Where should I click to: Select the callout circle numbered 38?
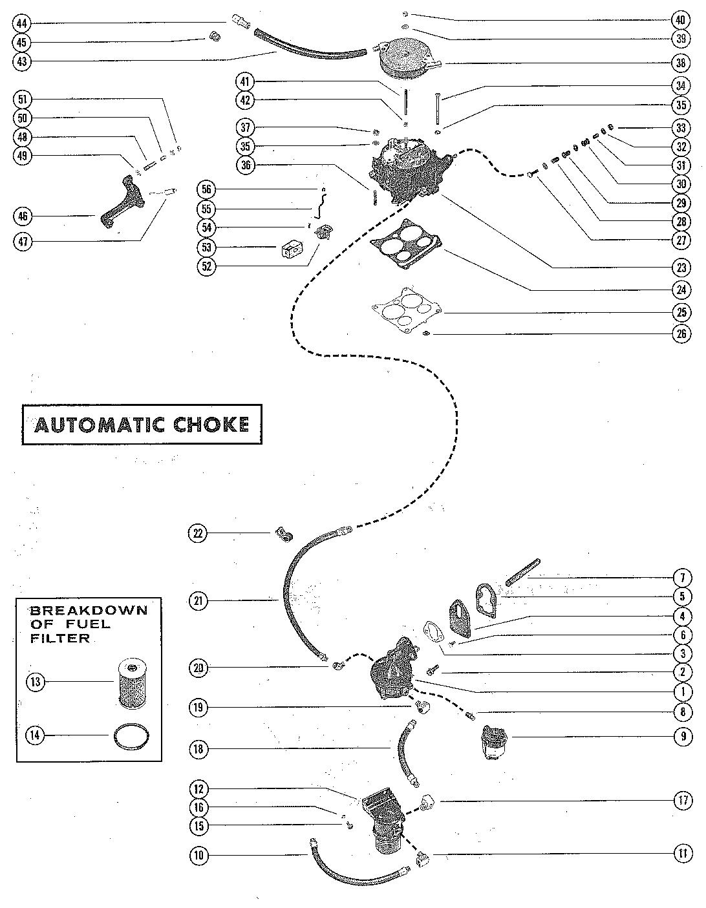(x=681, y=64)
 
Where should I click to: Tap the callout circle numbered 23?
(x=681, y=266)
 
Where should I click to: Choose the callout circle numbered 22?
(x=198, y=533)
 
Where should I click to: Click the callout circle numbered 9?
(x=681, y=736)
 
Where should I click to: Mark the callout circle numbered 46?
(x=23, y=215)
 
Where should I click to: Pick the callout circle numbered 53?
(x=206, y=248)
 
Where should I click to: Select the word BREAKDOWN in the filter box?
(x=89, y=610)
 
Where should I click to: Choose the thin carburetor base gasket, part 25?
(x=407, y=311)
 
